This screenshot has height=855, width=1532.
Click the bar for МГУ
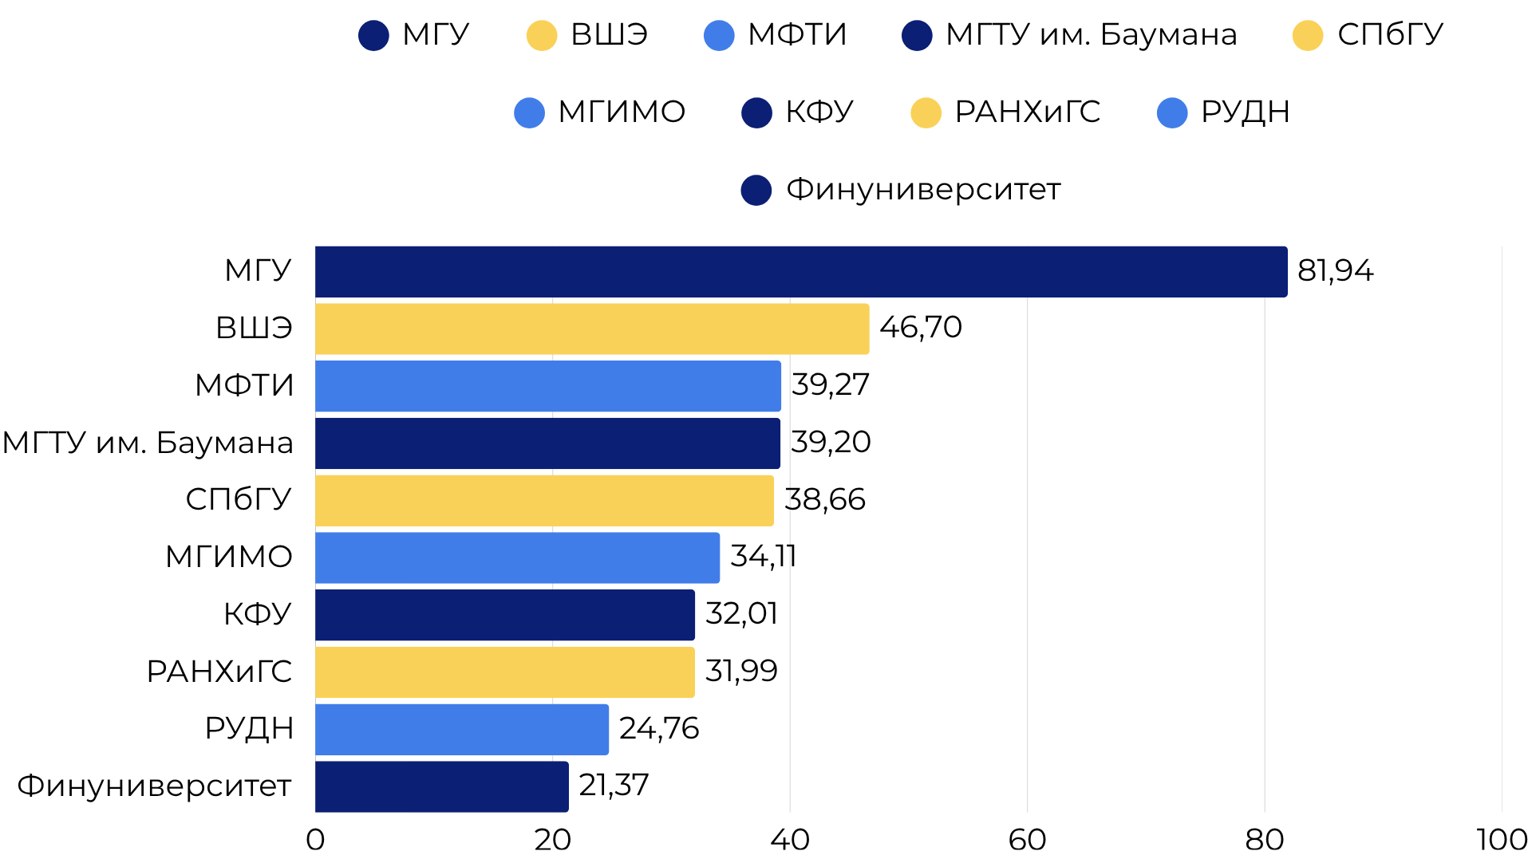[x=801, y=272]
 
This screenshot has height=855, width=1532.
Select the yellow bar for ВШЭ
[x=592, y=329]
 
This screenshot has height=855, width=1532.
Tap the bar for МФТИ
[x=548, y=386]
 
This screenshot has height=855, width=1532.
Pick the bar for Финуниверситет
[x=442, y=786]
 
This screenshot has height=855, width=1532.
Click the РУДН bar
[x=462, y=729]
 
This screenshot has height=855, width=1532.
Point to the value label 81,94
[x=1335, y=271]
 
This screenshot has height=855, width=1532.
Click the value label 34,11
[x=763, y=557]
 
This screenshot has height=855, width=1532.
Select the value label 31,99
[x=741, y=672]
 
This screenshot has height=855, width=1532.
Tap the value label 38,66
[x=824, y=500]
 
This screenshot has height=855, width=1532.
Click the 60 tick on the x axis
[x=1027, y=839]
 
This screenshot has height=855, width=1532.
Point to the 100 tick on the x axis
[x=1501, y=839]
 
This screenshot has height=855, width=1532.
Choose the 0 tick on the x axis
[x=315, y=839]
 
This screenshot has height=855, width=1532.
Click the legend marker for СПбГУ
[x=1308, y=35]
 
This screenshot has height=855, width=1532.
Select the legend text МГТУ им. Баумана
[x=1091, y=35]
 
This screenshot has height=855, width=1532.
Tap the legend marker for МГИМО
[x=529, y=112]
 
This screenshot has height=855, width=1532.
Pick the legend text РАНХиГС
[x=1027, y=112]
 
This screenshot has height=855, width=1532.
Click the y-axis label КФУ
[x=257, y=614]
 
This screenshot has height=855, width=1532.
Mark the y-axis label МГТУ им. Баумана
[x=148, y=443]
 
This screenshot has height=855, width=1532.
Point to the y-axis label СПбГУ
[x=239, y=500]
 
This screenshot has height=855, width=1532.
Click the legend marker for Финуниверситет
[x=756, y=190]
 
